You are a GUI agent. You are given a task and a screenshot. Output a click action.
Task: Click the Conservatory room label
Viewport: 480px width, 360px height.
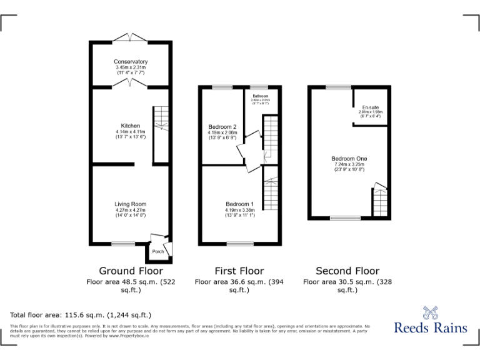[131, 62]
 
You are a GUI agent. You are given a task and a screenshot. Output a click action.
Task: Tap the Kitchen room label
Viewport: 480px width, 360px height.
[131, 126]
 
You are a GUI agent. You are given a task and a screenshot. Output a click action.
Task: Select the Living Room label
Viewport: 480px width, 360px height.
[131, 204]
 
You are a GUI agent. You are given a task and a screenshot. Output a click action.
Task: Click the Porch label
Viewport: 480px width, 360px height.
[159, 251]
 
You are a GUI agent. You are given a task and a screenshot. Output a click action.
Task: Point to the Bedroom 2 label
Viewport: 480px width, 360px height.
[222, 127]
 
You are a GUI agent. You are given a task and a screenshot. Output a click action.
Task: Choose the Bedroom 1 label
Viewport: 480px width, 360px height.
[239, 204]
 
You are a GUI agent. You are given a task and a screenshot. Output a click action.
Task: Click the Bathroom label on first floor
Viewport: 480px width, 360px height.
[260, 95]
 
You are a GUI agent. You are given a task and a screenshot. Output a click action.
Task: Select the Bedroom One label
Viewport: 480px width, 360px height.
[348, 159]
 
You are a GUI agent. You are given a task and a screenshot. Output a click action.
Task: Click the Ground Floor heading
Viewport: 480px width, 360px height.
[131, 271]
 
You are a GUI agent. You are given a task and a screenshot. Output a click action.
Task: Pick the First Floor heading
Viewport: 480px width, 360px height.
[239, 271]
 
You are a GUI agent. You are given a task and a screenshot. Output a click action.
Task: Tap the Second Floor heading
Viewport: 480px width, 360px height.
[347, 271]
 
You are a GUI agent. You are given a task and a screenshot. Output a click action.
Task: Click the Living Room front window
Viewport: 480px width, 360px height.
[124, 243]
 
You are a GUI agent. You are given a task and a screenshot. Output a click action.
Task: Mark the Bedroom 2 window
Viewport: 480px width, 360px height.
[222, 87]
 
